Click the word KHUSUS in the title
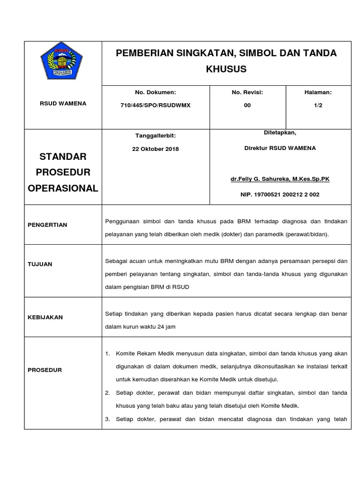tap(226, 69)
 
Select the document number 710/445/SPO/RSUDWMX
tap(156, 105)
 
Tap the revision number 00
tap(247, 105)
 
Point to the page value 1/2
tap(318, 105)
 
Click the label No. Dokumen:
tap(156, 93)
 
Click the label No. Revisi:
tap(247, 93)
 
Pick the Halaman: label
tap(318, 93)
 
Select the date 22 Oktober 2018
tap(156, 149)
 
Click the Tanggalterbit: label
tap(156, 135)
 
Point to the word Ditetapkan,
tap(280, 133)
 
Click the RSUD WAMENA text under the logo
tap(63, 104)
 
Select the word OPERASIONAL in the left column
tap(63, 188)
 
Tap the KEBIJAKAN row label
tap(45, 317)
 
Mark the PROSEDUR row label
tap(45, 370)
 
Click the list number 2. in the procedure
tap(107, 392)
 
